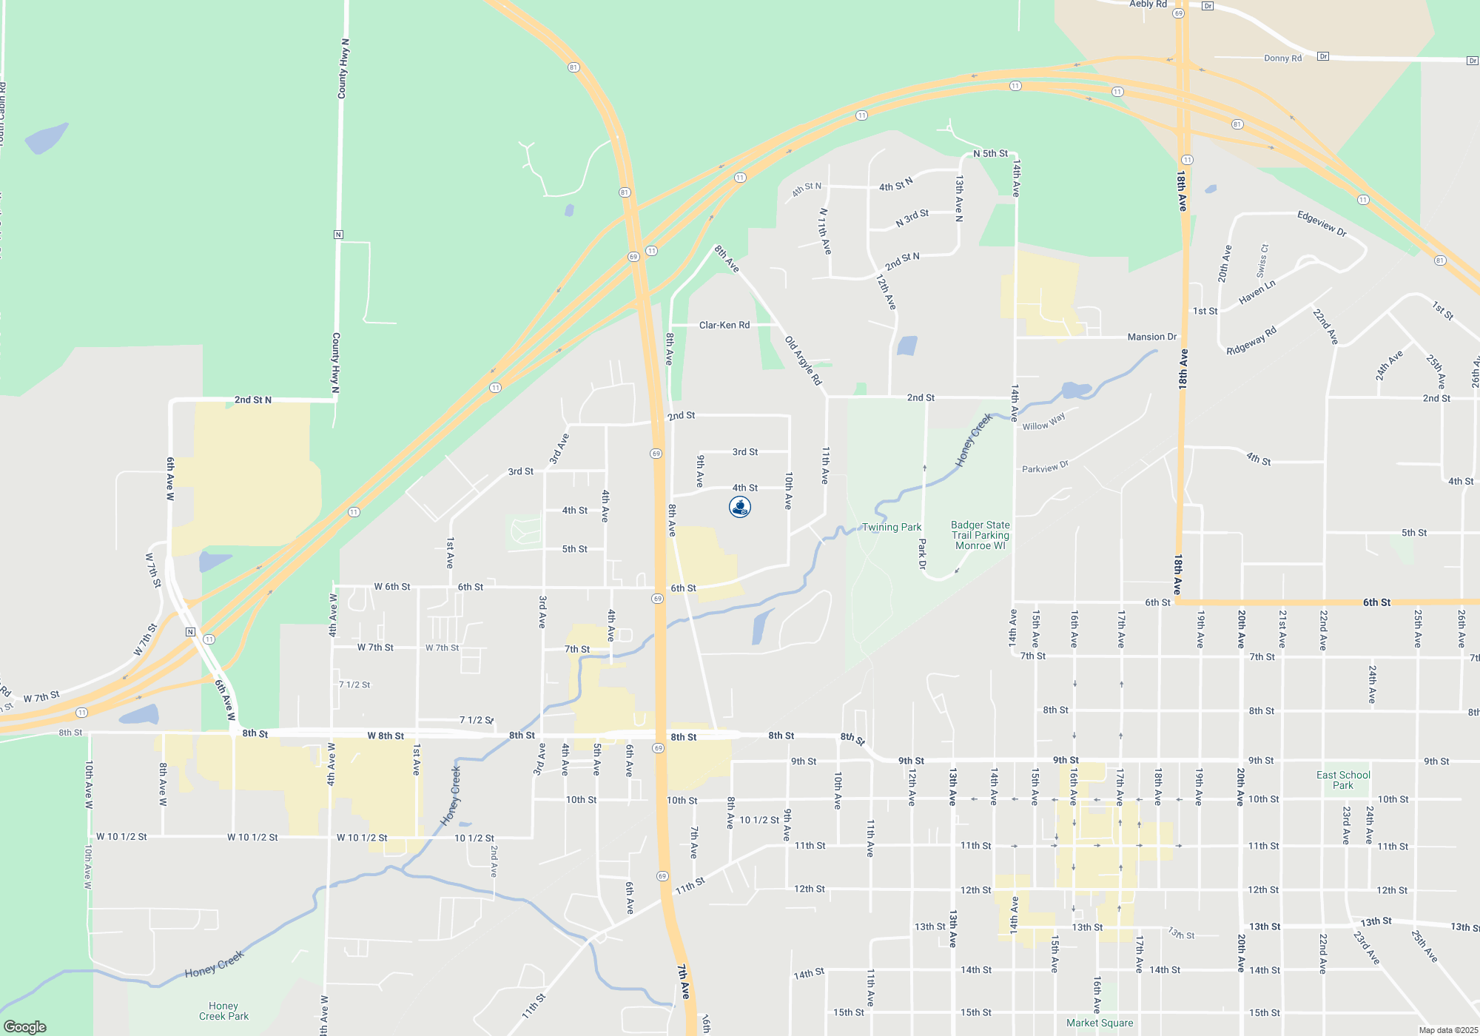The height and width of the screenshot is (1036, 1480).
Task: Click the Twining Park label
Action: click(892, 527)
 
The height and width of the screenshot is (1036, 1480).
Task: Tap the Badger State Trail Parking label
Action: click(980, 535)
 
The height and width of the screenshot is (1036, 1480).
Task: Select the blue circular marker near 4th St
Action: click(740, 507)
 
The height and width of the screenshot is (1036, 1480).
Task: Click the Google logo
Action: click(25, 1026)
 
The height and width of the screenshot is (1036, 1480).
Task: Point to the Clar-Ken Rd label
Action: click(724, 325)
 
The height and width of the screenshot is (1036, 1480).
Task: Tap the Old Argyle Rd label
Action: click(803, 360)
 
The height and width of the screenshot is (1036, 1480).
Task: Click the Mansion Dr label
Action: click(1151, 337)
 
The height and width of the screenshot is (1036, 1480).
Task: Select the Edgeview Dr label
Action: click(1322, 223)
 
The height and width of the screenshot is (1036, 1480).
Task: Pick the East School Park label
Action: click(1343, 780)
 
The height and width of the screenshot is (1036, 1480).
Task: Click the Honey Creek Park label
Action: click(223, 1011)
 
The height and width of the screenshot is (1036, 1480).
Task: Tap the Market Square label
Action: click(1100, 1023)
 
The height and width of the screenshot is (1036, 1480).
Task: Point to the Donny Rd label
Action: click(1282, 58)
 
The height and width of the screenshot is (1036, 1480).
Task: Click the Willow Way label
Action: click(1043, 422)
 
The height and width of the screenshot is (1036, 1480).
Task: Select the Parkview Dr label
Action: click(1045, 467)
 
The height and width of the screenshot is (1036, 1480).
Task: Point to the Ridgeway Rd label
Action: click(1251, 340)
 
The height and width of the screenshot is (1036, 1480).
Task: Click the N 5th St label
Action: click(990, 153)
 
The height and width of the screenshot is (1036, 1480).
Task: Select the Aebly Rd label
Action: click(1148, 4)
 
